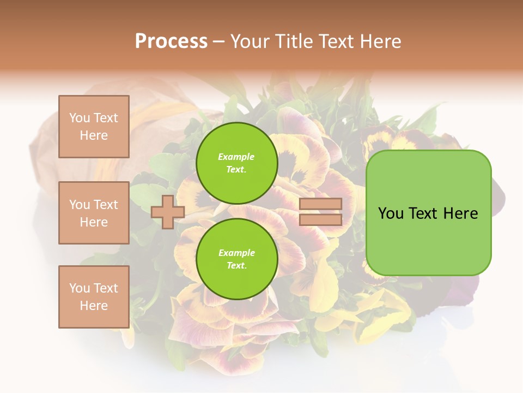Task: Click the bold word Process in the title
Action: pyautogui.click(x=171, y=41)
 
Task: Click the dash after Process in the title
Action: pyautogui.click(x=219, y=42)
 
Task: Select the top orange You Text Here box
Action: pyautogui.click(x=94, y=127)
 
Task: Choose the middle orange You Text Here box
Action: pyautogui.click(x=94, y=213)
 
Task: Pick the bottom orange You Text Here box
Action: pyautogui.click(x=94, y=297)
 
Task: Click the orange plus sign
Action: pyautogui.click(x=168, y=212)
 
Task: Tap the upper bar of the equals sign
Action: pyautogui.click(x=320, y=204)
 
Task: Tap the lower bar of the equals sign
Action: pyautogui.click(x=320, y=219)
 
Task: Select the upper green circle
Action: pyautogui.click(x=236, y=163)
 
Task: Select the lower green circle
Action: pyautogui.click(x=236, y=259)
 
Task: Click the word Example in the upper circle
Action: pyautogui.click(x=236, y=157)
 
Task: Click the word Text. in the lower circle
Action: pyautogui.click(x=236, y=266)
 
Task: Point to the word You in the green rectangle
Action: pyautogui.click(x=391, y=213)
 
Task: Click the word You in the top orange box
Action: pyautogui.click(x=80, y=118)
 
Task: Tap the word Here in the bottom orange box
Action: pyautogui.click(x=94, y=306)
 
